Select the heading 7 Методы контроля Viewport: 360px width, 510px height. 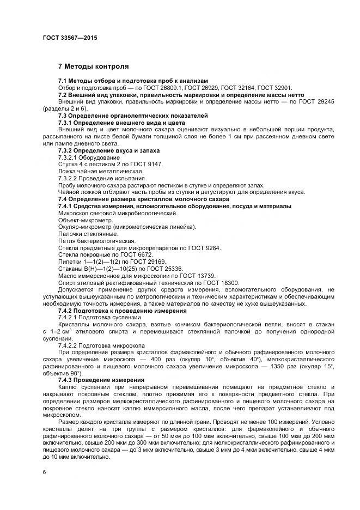pos(93,66)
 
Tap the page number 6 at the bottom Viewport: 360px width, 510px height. pos(45,472)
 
